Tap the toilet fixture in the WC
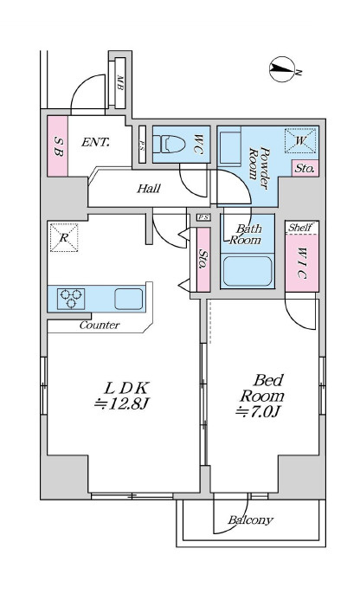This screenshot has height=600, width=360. (x=169, y=144)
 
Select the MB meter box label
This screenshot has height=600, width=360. (x=119, y=82)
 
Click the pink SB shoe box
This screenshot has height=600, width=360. (x=58, y=146)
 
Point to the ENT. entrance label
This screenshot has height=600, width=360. (x=95, y=143)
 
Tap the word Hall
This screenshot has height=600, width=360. (x=149, y=188)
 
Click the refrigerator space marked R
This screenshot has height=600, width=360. (x=64, y=237)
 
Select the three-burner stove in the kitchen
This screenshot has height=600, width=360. (x=71, y=299)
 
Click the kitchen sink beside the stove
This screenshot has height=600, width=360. (x=129, y=299)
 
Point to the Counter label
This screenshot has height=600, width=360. (x=100, y=326)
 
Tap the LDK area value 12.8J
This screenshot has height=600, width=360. (x=121, y=404)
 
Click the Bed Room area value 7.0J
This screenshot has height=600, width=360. (x=258, y=411)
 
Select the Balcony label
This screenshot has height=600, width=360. (x=251, y=520)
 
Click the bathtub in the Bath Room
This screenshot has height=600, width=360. (x=247, y=271)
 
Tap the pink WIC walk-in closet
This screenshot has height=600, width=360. (x=302, y=263)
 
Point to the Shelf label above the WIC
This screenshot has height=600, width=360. (x=300, y=228)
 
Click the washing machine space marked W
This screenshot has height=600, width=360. (x=300, y=141)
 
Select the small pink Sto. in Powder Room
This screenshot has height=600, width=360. (x=305, y=168)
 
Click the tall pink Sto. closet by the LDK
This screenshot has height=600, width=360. (x=203, y=259)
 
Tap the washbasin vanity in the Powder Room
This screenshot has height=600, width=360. (x=229, y=146)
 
